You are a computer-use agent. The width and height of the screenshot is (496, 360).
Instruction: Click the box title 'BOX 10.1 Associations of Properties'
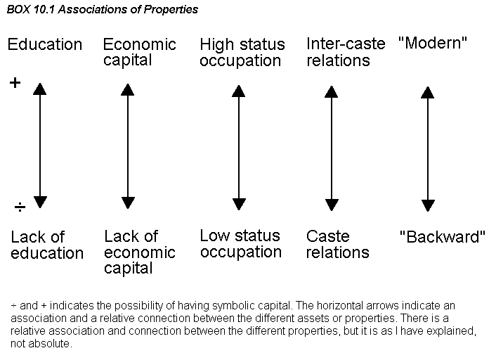pos(102,10)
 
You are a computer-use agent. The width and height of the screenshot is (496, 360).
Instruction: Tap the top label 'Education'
pos(44,44)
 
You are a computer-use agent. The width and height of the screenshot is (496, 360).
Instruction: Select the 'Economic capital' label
pos(140,52)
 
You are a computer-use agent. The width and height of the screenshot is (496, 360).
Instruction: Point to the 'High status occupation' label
pos(242,52)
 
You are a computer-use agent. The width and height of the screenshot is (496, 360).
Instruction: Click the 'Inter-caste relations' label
pos(346,52)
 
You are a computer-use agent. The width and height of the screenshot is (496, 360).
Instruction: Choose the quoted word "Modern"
pos(432,43)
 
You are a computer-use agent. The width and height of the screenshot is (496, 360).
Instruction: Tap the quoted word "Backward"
pos(442,236)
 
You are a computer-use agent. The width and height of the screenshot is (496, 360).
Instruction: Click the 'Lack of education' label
pos(47,245)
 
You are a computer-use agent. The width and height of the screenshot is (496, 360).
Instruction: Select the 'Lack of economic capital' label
pos(140,252)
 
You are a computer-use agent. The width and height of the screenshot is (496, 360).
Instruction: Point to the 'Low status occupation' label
pos(241,244)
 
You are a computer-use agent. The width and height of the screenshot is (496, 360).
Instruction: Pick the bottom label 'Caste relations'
pos(337,245)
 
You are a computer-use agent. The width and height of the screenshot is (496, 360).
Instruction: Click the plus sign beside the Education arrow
pos(15,83)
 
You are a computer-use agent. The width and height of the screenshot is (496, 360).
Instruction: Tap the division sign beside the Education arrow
pos(20,207)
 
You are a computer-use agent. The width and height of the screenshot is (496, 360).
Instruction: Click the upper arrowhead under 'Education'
pos(40,89)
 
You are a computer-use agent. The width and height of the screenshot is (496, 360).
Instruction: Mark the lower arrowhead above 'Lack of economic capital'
pos(128,202)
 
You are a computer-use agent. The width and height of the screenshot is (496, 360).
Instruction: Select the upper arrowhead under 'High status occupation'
pos(238,91)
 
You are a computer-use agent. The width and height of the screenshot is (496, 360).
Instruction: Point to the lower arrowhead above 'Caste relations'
pos(332,205)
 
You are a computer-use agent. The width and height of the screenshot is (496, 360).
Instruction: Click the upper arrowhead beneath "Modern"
pos(427,92)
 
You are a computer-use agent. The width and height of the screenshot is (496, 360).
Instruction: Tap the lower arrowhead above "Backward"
pos(428,206)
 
